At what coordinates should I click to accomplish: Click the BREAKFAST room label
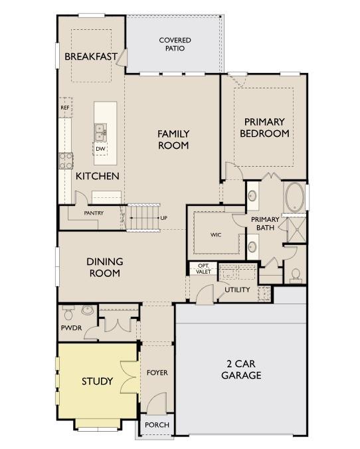(91, 56)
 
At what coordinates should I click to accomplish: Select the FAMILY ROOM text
(173, 139)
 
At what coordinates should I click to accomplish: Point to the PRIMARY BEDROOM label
(264, 128)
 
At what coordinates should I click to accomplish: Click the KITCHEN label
(97, 176)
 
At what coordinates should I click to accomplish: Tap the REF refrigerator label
(64, 108)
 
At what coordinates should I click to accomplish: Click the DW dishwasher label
(100, 149)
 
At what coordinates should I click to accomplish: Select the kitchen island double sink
(100, 132)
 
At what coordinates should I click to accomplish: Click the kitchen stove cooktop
(66, 160)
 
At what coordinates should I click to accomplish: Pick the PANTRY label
(94, 213)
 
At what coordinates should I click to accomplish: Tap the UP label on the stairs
(163, 218)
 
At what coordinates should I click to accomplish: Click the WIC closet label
(216, 234)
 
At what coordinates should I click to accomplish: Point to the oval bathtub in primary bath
(294, 196)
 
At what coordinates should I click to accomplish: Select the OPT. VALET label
(202, 268)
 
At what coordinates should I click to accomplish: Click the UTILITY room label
(237, 290)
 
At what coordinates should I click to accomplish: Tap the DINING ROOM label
(104, 267)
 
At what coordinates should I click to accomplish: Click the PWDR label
(70, 328)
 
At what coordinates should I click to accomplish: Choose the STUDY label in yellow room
(97, 381)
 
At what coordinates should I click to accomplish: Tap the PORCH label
(156, 425)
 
